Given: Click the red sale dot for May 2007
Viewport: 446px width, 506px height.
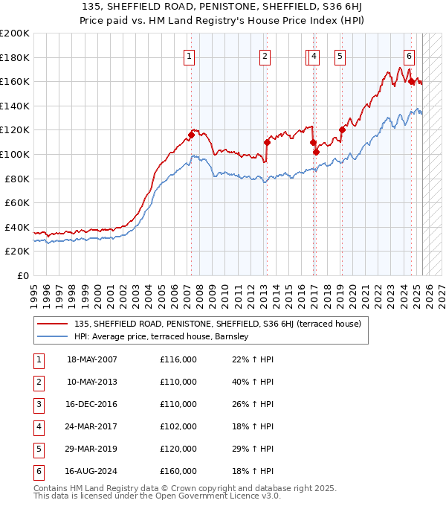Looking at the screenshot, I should point(191,135).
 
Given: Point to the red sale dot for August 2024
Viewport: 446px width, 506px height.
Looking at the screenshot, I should point(411,82).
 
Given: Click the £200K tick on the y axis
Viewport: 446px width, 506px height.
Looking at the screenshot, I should point(16,33).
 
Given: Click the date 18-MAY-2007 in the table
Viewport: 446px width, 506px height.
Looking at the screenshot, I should point(92,359).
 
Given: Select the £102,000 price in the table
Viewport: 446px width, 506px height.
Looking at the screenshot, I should point(178,426).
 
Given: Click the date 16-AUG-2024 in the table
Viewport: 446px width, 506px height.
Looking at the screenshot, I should point(92,471).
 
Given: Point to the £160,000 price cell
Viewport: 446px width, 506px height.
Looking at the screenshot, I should point(178,471).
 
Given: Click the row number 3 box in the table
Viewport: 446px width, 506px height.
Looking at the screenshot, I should point(38,404).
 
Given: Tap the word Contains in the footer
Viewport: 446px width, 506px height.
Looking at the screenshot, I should point(51,489).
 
